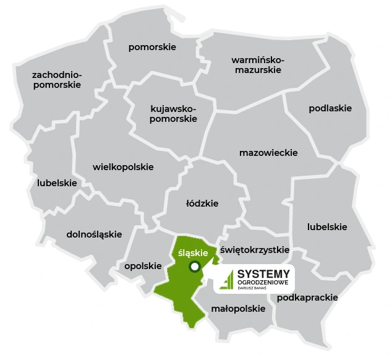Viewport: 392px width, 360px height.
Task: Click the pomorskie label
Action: click(x=152, y=47)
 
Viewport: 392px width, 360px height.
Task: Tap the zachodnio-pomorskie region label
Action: click(x=57, y=80)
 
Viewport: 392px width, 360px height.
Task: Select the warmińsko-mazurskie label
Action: click(x=257, y=65)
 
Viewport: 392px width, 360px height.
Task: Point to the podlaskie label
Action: click(x=330, y=108)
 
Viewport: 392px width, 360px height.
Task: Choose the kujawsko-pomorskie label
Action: click(x=173, y=113)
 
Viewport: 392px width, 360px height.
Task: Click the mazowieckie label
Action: click(x=268, y=152)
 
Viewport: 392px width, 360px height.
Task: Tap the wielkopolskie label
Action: click(x=123, y=167)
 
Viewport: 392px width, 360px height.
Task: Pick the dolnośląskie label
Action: click(x=94, y=234)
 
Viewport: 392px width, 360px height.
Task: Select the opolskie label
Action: click(x=143, y=266)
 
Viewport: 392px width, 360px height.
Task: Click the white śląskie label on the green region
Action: click(x=192, y=252)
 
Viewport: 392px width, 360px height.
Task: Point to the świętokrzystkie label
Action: click(x=255, y=250)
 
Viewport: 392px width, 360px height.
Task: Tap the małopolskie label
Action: click(x=238, y=309)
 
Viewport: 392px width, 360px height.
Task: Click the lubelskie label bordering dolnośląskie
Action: click(x=57, y=183)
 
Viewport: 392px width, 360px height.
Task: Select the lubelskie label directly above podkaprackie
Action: click(x=327, y=227)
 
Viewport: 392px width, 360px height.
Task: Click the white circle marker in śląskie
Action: click(x=195, y=267)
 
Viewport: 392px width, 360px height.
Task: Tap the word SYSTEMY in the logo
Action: click(x=263, y=273)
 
